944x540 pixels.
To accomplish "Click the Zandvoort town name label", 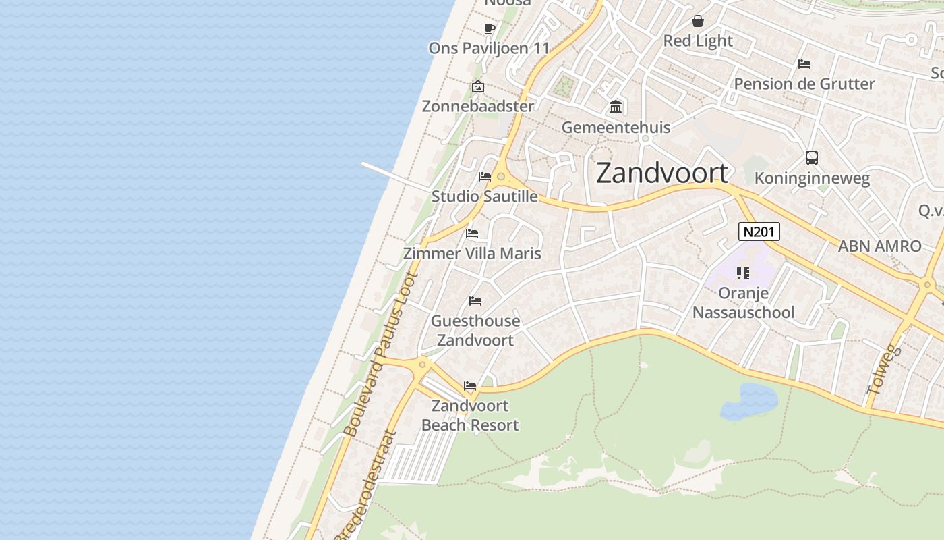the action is tap(662, 173).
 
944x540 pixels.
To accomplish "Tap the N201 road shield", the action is tap(759, 232).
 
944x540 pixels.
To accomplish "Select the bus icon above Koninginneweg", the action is tap(812, 158).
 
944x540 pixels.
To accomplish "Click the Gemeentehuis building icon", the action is tap(616, 107).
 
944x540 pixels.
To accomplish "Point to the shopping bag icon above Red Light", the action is tap(698, 21).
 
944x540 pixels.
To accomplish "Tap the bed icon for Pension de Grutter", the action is tap(804, 64).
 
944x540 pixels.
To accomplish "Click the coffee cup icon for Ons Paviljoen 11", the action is tap(490, 28).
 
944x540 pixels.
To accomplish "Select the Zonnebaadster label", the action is tap(477, 106).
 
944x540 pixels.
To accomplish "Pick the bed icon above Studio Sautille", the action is tap(485, 177).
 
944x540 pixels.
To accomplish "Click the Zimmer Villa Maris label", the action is tap(472, 253).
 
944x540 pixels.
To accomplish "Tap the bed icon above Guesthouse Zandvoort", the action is tap(475, 301).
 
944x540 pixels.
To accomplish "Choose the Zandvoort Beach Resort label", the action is tap(470, 415).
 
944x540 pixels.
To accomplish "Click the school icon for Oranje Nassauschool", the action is tap(743, 273).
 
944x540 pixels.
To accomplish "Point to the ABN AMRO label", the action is tap(879, 246).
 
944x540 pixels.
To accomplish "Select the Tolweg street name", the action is tap(884, 369).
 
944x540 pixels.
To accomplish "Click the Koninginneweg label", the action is tap(812, 178).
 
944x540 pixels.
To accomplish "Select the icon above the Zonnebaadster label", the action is tap(478, 86).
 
